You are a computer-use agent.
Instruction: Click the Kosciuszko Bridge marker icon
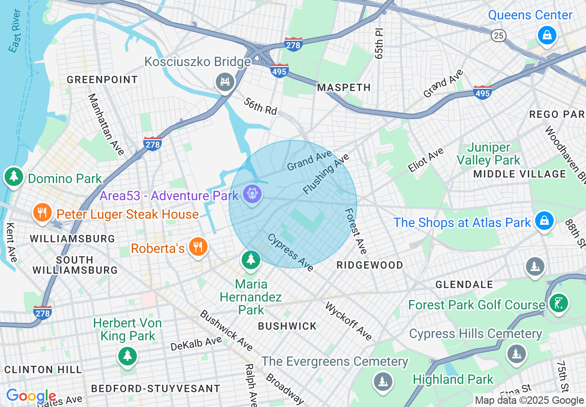point(225,82)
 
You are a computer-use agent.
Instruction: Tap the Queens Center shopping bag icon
point(547,35)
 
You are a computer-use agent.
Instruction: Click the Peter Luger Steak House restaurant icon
point(42,213)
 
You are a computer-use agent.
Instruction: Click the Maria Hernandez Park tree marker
point(251,259)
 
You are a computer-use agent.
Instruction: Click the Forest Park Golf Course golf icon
point(558,303)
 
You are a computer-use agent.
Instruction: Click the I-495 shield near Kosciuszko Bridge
point(280,71)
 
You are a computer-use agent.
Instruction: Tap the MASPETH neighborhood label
point(344,87)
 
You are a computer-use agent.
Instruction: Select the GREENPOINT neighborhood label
point(102,80)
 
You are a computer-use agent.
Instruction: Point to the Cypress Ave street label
point(290,252)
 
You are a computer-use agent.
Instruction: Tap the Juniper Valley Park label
point(488,154)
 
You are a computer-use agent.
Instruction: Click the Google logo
point(31,396)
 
